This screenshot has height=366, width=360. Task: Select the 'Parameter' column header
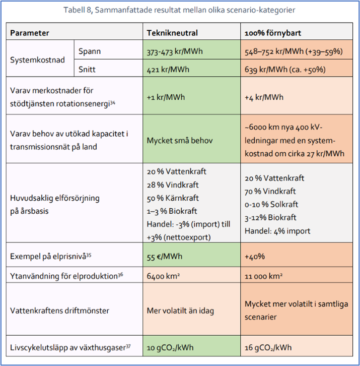(x=30, y=33)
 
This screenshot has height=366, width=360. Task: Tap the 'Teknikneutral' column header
(x=172, y=33)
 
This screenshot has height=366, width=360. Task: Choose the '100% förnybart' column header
(x=274, y=33)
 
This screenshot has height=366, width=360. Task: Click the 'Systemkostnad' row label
(x=37, y=59)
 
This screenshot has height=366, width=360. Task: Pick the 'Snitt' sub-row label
(x=88, y=69)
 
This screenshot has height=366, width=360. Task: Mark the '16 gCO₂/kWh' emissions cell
(x=268, y=348)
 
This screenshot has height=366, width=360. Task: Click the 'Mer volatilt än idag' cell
(x=180, y=310)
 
